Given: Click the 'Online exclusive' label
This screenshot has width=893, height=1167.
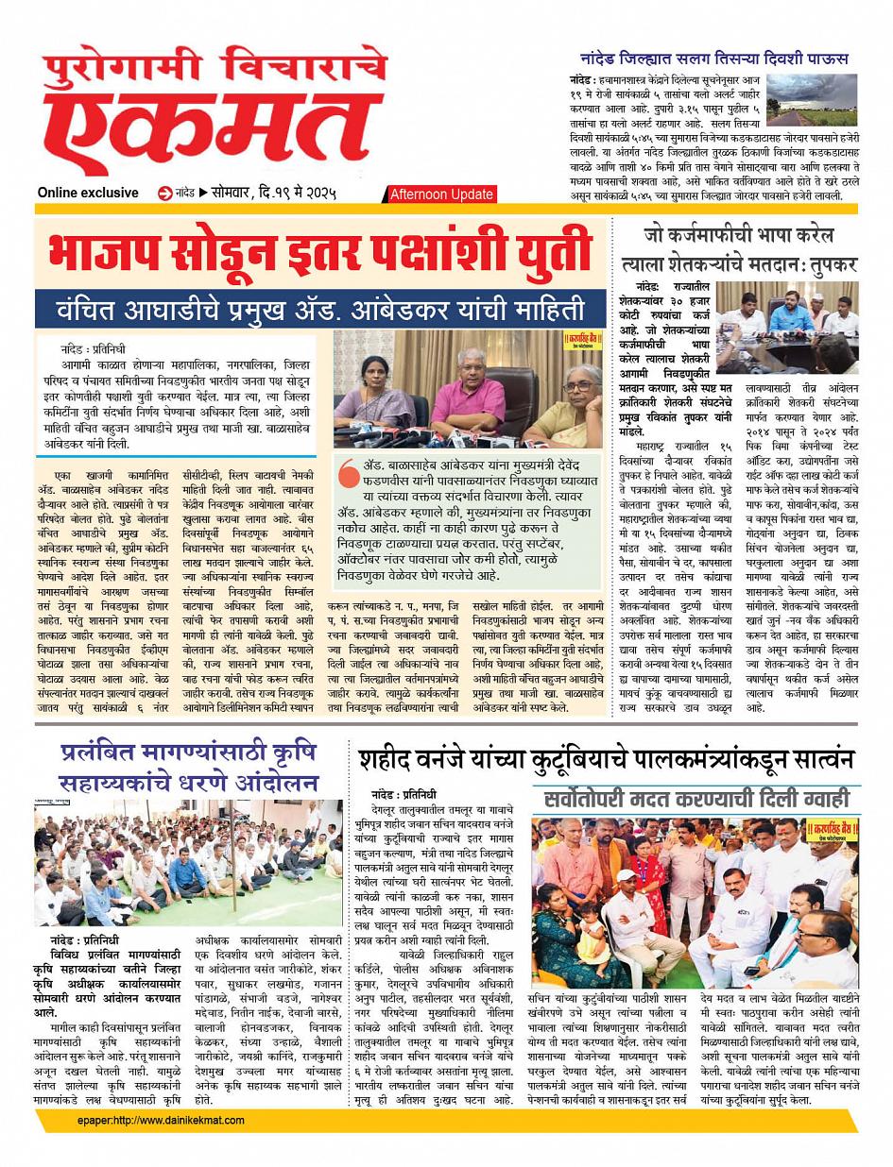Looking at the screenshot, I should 88,193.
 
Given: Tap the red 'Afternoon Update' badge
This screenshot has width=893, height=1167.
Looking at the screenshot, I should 441,194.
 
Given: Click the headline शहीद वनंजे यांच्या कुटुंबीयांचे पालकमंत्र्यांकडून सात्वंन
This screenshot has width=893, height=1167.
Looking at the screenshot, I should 606,759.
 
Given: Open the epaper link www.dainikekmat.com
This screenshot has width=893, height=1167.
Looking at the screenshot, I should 162,1121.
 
